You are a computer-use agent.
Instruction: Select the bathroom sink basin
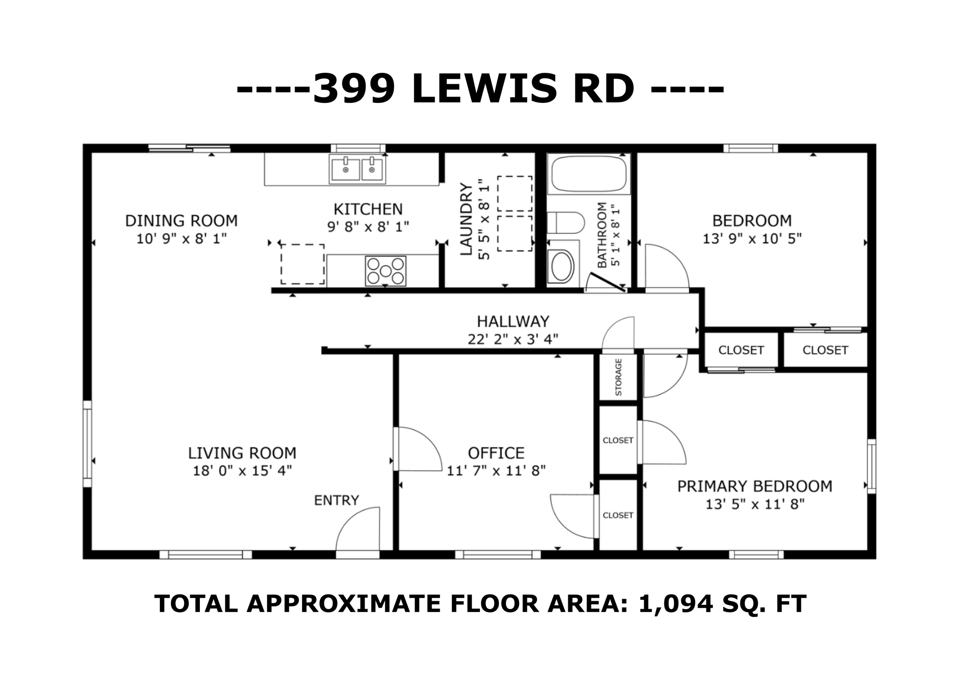point(562,266)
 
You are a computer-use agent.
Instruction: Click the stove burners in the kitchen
point(385,271)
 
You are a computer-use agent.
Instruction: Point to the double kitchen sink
point(358,169)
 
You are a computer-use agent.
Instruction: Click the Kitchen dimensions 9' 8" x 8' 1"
point(368,227)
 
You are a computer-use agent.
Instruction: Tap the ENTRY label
point(336,501)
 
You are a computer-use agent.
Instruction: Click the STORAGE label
point(618,377)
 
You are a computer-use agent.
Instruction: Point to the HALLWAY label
point(513,322)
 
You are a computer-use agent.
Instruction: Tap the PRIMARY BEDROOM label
point(755,486)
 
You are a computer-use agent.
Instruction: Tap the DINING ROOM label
point(181,221)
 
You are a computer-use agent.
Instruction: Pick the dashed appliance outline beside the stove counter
point(302,264)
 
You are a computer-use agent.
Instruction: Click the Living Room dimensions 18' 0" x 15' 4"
point(242,471)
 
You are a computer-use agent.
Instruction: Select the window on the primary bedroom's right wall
point(871,466)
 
